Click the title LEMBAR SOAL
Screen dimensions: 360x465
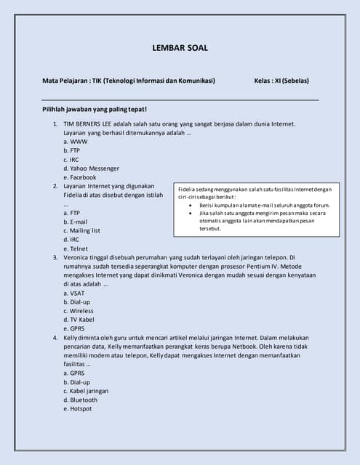tap(180, 48)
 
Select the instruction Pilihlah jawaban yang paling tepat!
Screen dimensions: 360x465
tap(95, 109)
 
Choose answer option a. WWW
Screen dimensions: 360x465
tap(75, 142)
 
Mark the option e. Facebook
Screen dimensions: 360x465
tap(79, 177)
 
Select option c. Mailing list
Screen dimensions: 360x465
tap(81, 230)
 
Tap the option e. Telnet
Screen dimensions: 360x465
tap(75, 248)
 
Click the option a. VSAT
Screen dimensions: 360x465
tap(74, 293)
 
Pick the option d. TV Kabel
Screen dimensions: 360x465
tap(79, 319)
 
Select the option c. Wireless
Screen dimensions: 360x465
tap(78, 310)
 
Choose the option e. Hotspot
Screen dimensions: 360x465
tap(77, 408)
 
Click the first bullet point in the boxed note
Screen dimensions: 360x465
tap(191, 205)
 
